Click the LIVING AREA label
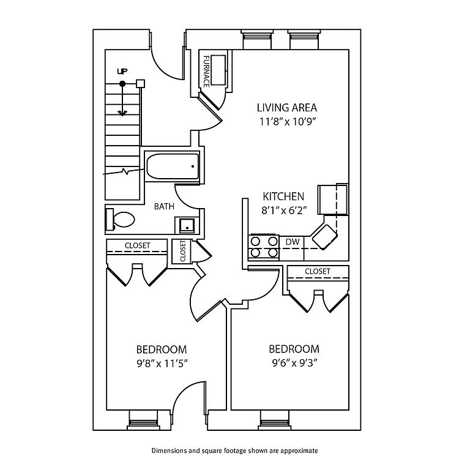286,108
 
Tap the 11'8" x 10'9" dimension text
286,122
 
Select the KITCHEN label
283,196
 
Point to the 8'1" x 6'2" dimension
283,210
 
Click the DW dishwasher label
293,242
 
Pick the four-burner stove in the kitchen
263,247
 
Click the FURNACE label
207,71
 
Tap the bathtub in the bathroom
172,165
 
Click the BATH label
163,207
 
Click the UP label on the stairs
122,72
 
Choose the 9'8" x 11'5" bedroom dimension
161,364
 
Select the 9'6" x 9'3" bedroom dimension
294,362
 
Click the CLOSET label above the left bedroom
137,245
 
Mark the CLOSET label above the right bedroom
317,271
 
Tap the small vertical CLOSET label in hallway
182,251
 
